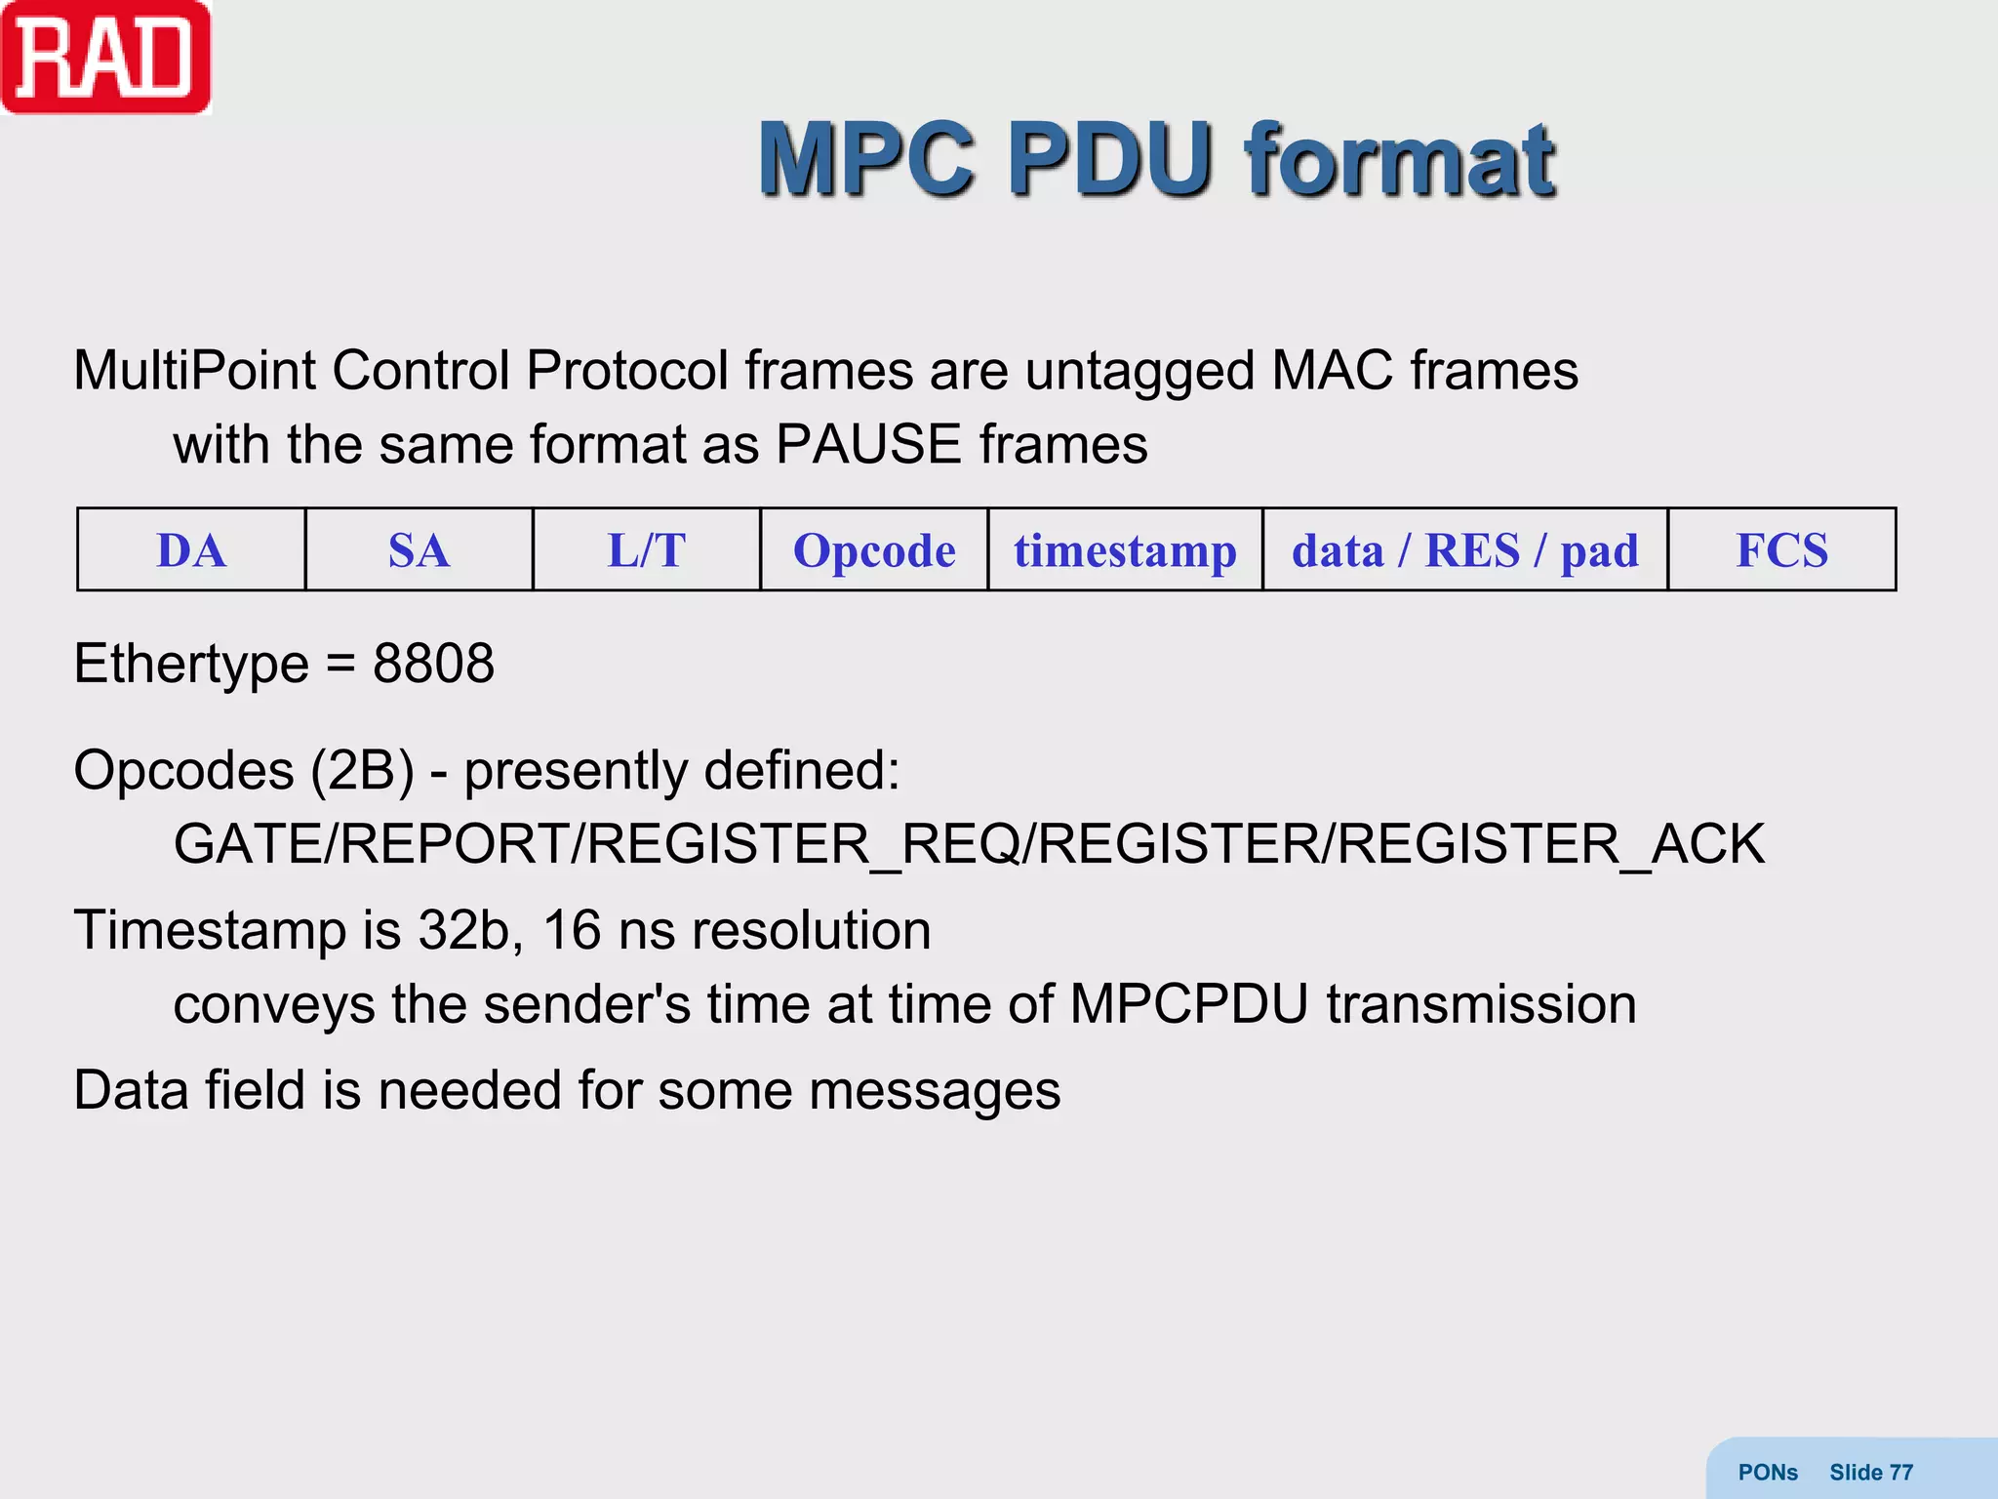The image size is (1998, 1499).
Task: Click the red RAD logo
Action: coord(105,57)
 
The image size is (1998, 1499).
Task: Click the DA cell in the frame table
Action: coord(191,550)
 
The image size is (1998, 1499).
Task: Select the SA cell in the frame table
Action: coord(419,550)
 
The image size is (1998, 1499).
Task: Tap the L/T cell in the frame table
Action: coord(646,550)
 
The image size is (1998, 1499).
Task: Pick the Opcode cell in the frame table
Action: coord(874,550)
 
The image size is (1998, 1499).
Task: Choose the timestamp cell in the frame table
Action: coord(1125,550)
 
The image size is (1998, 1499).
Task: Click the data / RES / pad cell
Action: coord(1464,550)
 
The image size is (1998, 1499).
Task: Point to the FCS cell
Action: coord(1781,550)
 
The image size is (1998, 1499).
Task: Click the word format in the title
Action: coord(1399,160)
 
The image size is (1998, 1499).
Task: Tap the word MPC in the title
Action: coord(866,160)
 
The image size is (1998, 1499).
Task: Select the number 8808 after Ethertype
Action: coord(433,665)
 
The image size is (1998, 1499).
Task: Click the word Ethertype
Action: coord(191,665)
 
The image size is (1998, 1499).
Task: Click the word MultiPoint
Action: coord(195,371)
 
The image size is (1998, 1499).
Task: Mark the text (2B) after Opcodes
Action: coord(363,771)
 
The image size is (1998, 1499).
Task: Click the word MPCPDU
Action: coord(1188,1004)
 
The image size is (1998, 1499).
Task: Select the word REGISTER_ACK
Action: coord(1550,844)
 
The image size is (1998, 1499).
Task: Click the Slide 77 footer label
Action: coord(1870,1473)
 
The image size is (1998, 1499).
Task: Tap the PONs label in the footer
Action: coord(1768,1473)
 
